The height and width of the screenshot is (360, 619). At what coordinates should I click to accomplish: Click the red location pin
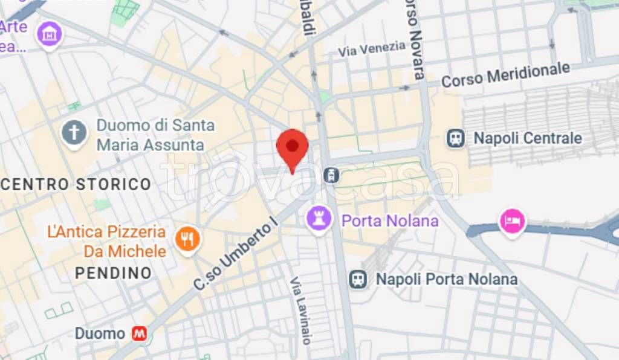(x=293, y=147)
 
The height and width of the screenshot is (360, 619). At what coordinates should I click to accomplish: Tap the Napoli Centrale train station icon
(x=456, y=138)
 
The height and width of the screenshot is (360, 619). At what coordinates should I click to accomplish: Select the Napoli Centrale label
(x=527, y=138)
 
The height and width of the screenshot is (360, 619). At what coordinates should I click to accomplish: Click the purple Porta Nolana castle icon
(x=318, y=219)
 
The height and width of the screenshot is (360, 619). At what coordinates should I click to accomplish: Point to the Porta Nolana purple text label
(x=390, y=220)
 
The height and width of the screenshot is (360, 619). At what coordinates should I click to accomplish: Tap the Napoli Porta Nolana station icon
(x=358, y=278)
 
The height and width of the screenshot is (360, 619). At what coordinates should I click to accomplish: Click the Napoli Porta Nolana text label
(x=446, y=279)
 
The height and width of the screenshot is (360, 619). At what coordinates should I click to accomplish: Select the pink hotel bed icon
(x=512, y=221)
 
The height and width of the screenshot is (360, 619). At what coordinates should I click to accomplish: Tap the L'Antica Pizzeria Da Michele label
(x=107, y=241)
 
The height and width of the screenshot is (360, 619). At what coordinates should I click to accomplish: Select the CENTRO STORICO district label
(x=76, y=184)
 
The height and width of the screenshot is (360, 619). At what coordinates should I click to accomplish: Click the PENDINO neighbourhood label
(x=113, y=273)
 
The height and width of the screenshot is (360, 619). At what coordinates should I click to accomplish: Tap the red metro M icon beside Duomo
(x=139, y=333)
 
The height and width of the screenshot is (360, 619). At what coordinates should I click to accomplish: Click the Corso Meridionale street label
(x=505, y=74)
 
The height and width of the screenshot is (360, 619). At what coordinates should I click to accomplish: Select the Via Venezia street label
(x=372, y=48)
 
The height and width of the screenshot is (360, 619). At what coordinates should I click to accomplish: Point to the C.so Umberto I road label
(x=235, y=253)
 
